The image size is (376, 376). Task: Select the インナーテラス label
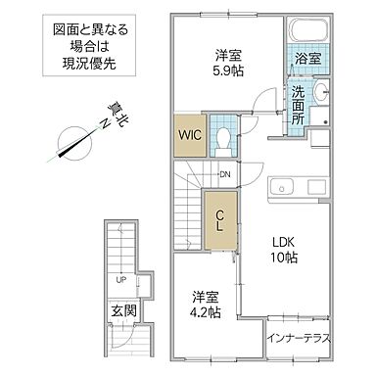[299, 340]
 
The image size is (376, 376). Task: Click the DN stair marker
[223, 175]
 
